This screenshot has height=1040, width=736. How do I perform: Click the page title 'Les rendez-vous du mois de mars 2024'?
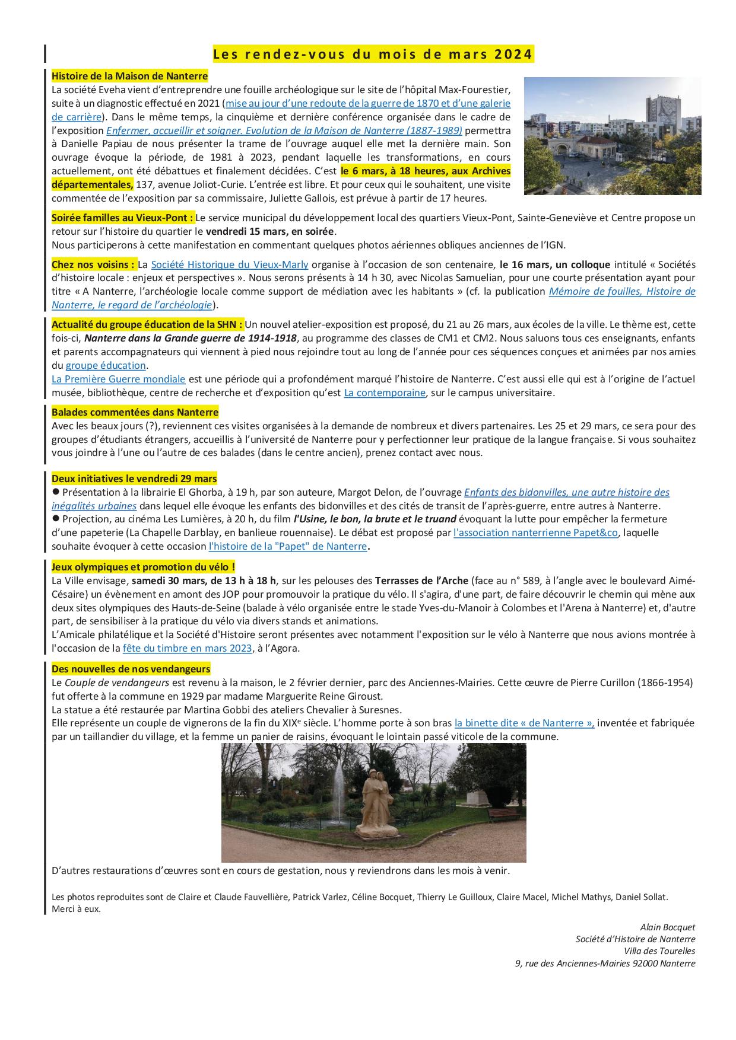click(x=373, y=55)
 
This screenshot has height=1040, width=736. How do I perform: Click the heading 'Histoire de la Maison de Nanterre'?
click(x=129, y=76)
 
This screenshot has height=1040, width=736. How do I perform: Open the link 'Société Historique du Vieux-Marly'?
click(x=229, y=264)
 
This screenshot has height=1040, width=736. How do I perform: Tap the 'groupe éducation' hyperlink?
click(x=105, y=365)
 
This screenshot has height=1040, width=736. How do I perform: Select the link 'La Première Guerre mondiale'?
click(x=119, y=379)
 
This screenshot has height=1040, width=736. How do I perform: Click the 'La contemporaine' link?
click(x=384, y=393)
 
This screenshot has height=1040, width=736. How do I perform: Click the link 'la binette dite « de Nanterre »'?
click(x=524, y=723)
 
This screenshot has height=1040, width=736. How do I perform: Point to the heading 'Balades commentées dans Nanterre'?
click(x=135, y=412)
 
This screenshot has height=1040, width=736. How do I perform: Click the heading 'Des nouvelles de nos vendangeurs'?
click(x=131, y=669)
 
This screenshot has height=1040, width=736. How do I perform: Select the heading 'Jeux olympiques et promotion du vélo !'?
click(x=143, y=567)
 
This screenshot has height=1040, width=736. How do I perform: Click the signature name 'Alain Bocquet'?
click(x=667, y=927)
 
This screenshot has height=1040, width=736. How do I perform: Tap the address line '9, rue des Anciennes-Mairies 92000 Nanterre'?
click(x=605, y=964)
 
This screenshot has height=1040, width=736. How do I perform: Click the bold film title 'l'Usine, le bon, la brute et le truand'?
click(x=375, y=519)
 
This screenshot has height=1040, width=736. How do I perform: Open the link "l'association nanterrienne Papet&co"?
click(x=535, y=532)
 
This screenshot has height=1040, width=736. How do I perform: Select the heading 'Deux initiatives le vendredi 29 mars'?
click(x=134, y=478)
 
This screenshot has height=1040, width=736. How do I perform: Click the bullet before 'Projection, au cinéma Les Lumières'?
click(x=56, y=519)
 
